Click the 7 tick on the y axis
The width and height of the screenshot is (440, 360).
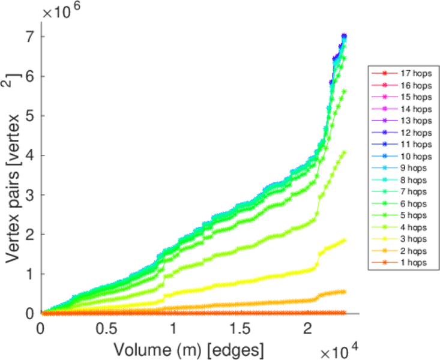point(29,37)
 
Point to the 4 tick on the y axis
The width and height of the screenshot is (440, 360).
point(29,155)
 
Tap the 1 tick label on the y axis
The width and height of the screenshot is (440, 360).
point(29,274)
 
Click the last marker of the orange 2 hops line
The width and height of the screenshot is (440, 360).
point(345,292)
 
